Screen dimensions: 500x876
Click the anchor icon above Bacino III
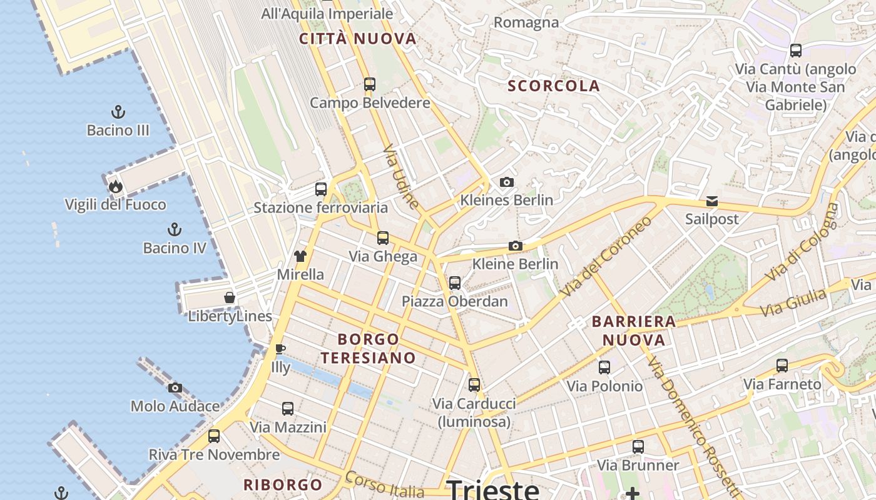pyautogui.click(x=118, y=112)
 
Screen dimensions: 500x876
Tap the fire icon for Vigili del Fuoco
pyautogui.click(x=115, y=186)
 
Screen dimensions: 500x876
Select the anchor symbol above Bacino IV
pyautogui.click(x=175, y=229)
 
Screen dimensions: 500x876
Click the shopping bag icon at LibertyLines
pyautogui.click(x=230, y=297)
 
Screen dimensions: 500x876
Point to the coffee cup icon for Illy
pyautogui.click(x=280, y=349)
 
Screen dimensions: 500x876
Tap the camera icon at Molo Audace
pyautogui.click(x=175, y=388)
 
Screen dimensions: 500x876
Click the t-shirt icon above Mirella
pyautogui.click(x=300, y=256)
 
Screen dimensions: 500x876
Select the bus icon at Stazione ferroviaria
pyautogui.click(x=321, y=189)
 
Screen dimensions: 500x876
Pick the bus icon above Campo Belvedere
pyautogui.click(x=370, y=84)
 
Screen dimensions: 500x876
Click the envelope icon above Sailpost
pyautogui.click(x=711, y=201)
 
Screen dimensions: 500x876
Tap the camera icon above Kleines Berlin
pyautogui.click(x=507, y=182)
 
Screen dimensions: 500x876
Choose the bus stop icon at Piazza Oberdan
pyautogui.click(x=455, y=282)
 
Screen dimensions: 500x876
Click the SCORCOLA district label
pyautogui.click(x=554, y=86)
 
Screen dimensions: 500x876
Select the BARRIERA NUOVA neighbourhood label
pyautogui.click(x=634, y=331)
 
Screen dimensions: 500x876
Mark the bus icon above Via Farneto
pyautogui.click(x=782, y=366)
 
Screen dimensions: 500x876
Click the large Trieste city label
pyautogui.click(x=493, y=489)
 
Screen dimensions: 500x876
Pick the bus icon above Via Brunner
pyautogui.click(x=638, y=447)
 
